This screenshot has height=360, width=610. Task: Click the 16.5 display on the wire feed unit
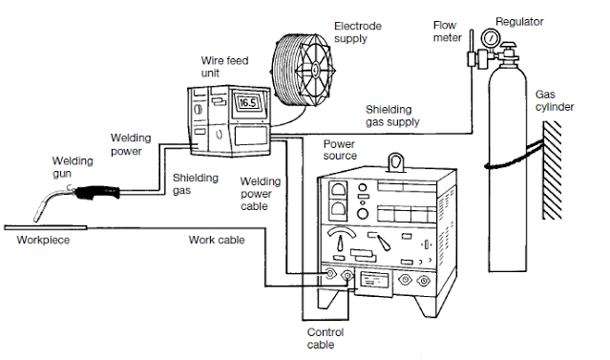(248, 103)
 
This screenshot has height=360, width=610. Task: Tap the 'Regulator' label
(519, 22)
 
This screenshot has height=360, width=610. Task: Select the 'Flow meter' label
(447, 32)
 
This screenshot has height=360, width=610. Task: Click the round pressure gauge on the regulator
(490, 38)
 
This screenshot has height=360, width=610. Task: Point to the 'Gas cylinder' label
(554, 100)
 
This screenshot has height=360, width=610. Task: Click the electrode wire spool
(303, 70)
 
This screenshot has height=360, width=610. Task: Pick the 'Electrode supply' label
(358, 32)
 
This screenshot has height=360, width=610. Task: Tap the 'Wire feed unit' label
(224, 67)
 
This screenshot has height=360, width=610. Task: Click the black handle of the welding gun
(97, 193)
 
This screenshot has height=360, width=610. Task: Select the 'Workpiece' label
(43, 240)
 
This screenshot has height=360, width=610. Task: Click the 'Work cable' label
(217, 240)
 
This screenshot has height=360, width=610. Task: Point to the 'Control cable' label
(326, 338)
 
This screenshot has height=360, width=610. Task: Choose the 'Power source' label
(340, 150)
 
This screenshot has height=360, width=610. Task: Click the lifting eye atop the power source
(396, 162)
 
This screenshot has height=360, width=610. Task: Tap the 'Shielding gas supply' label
(392, 116)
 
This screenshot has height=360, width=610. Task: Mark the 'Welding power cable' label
(260, 194)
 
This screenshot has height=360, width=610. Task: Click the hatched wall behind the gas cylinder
(552, 170)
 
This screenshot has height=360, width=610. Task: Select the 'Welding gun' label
(73, 167)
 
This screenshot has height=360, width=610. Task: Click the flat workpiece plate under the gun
(46, 227)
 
